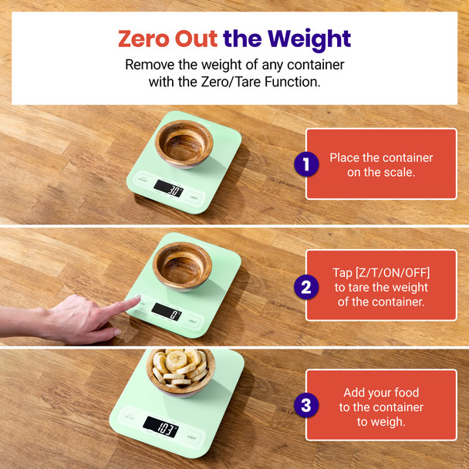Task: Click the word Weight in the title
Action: coord(307,39)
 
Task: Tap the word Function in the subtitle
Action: coord(295,82)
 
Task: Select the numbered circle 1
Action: coord(306,164)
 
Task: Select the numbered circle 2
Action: coord(306,287)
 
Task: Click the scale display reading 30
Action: coord(167,187)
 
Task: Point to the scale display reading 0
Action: coord(166,311)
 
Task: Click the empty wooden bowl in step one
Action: coord(184,142)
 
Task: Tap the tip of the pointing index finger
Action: coord(137,300)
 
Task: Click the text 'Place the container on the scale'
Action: coord(381,165)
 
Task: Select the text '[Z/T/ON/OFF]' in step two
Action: coord(381,273)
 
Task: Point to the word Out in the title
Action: coord(196,39)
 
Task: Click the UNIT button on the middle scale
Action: coord(192,320)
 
